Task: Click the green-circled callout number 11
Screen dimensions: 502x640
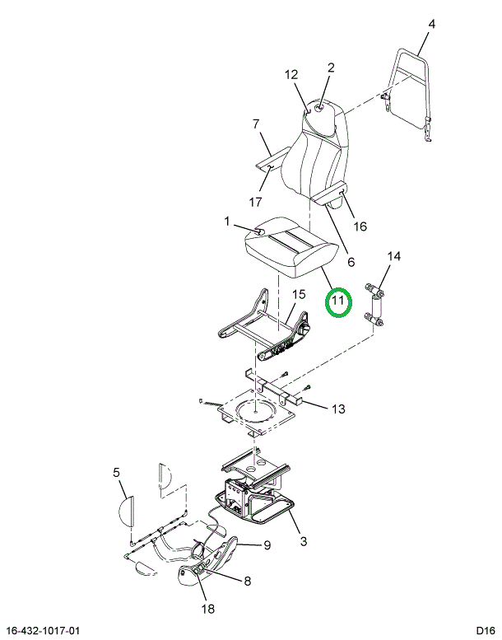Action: click(x=338, y=301)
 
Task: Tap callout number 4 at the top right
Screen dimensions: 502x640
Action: click(x=431, y=24)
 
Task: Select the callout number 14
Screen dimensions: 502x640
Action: click(x=393, y=256)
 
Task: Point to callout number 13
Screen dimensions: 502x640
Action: click(x=338, y=409)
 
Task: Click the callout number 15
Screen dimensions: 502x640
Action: click(x=299, y=294)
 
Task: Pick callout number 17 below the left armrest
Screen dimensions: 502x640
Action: click(x=255, y=202)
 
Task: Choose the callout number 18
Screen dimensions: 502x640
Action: click(x=208, y=610)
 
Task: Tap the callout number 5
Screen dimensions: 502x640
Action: click(x=117, y=473)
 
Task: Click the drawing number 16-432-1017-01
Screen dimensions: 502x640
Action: click(x=44, y=631)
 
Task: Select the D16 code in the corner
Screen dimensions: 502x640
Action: click(x=486, y=631)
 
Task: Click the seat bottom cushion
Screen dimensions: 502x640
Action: click(x=291, y=246)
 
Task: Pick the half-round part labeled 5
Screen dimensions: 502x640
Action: click(x=127, y=511)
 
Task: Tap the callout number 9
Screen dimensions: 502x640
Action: click(x=267, y=545)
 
